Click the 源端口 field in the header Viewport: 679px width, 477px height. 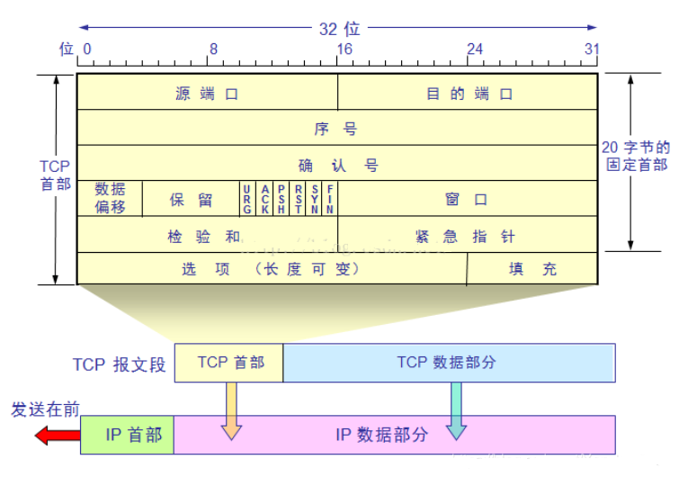(x=208, y=93)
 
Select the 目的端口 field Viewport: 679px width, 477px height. (x=469, y=93)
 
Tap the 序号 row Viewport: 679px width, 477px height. (x=337, y=129)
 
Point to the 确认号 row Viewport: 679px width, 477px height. (x=337, y=165)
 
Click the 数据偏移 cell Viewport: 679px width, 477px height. (x=110, y=198)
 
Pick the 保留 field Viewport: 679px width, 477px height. (x=191, y=199)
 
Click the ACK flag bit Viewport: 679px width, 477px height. (x=265, y=198)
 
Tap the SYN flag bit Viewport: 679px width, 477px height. (x=315, y=198)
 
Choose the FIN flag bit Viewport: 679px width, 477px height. (x=331, y=198)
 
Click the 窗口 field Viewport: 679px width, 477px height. (x=467, y=199)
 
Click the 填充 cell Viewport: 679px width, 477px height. (x=532, y=268)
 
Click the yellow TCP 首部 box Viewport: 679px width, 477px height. (x=229, y=362)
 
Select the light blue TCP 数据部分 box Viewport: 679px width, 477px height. (x=448, y=362)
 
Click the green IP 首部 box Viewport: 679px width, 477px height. (x=127, y=435)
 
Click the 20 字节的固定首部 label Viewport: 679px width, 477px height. (x=636, y=156)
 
